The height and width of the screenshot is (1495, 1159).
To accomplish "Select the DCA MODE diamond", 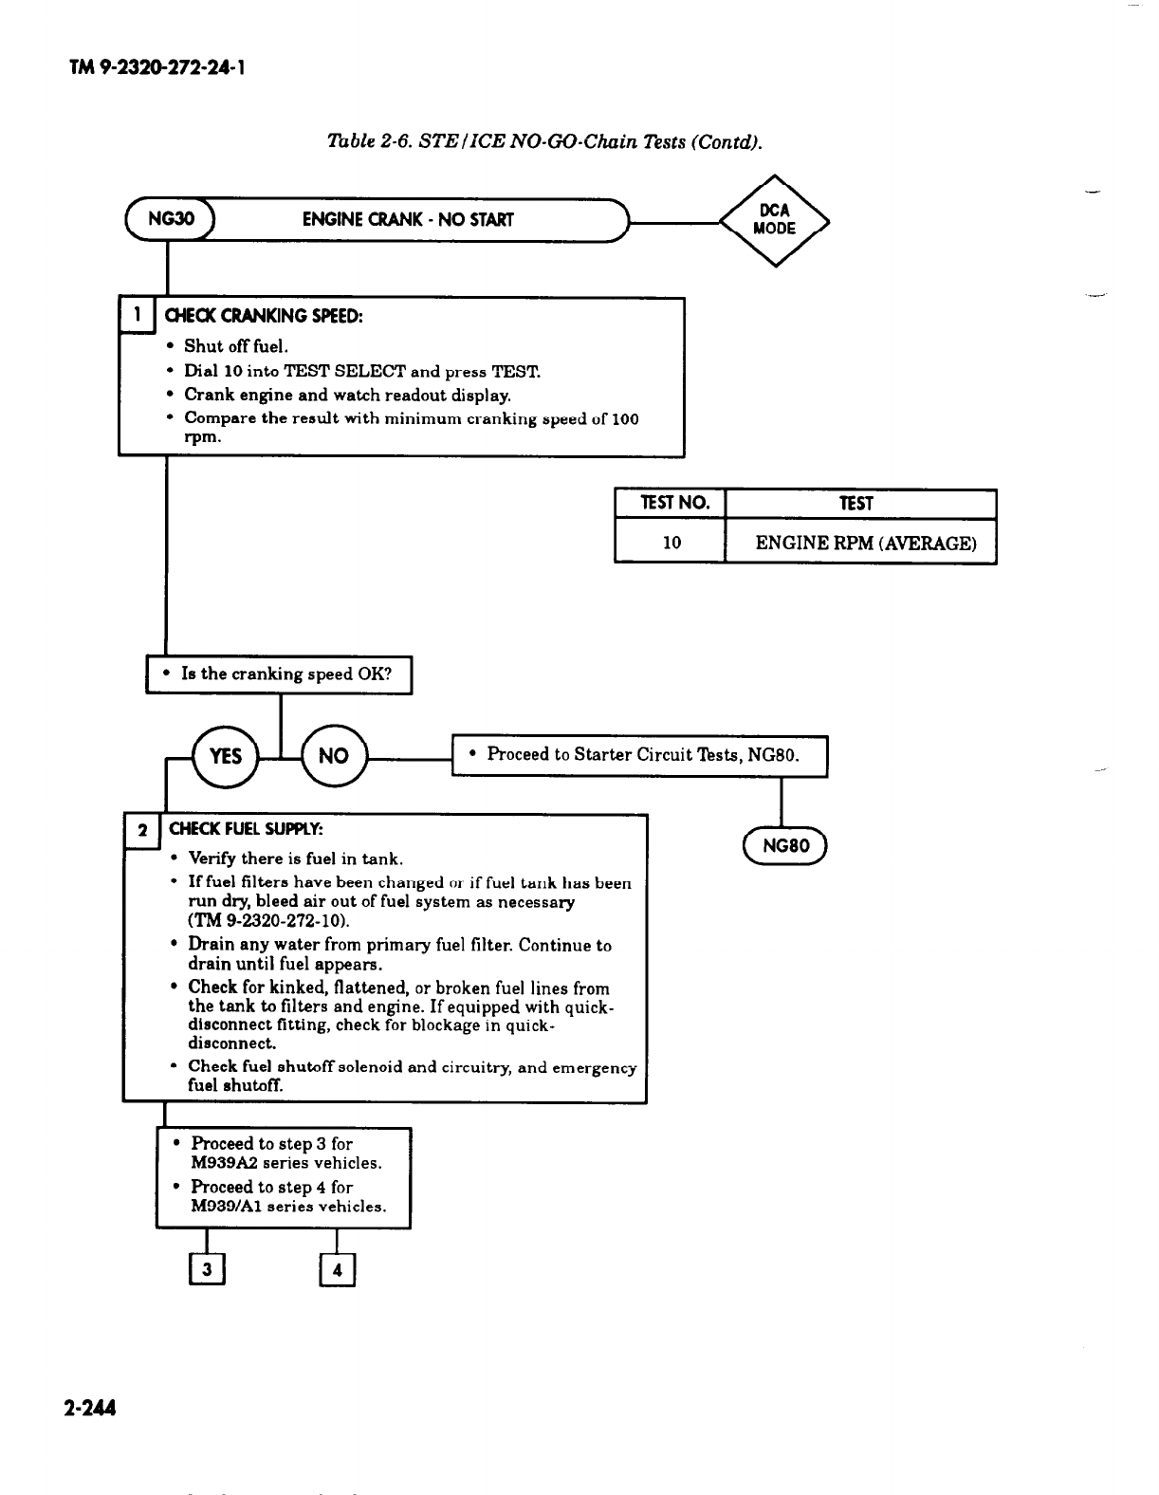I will (774, 220).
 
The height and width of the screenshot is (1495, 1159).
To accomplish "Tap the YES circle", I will (226, 755).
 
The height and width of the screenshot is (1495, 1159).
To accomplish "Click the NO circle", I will (334, 755).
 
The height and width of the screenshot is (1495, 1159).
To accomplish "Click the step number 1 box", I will (138, 315).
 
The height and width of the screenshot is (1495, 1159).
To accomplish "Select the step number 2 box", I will (143, 830).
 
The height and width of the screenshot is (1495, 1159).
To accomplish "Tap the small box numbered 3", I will (207, 1270).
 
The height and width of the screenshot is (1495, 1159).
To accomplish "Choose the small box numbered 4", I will (338, 1270).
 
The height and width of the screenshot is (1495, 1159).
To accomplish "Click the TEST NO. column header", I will (671, 504).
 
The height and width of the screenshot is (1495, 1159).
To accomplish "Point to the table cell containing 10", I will (671, 543).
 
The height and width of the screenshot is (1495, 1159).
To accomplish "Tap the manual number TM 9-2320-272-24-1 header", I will (159, 68).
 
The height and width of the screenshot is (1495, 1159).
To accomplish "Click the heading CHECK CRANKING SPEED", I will (264, 315).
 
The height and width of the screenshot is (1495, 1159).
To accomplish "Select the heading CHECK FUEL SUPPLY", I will (247, 830).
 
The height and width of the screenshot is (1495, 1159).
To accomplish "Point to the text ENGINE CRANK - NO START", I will (408, 220).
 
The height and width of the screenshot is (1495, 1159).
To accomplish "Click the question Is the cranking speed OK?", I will (279, 674).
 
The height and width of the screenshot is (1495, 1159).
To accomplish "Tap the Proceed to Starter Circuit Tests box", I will (640, 755).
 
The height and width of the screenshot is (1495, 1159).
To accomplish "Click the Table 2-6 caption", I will (543, 142).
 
